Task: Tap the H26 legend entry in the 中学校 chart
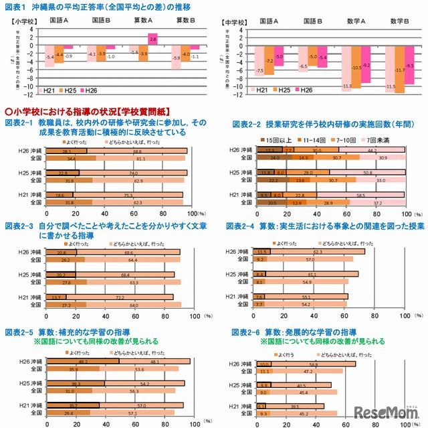303,90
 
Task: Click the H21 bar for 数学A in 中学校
346,68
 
